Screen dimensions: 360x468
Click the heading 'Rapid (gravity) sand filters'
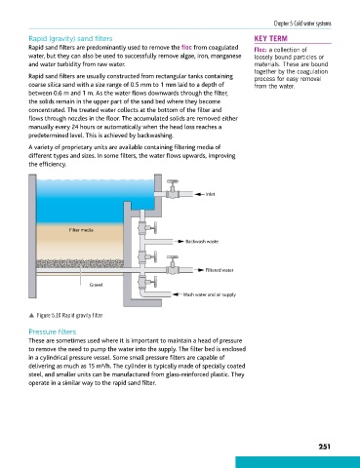(x=70, y=39)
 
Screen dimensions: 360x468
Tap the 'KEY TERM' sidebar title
(x=271, y=39)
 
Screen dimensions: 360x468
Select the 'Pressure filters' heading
(x=53, y=331)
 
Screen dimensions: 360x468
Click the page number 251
(x=324, y=447)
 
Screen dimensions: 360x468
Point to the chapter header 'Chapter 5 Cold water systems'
(x=302, y=23)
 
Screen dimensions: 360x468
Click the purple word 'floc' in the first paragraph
(x=186, y=48)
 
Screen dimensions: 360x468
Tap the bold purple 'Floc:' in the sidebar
(x=260, y=50)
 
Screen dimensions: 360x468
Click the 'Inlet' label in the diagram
(x=210, y=194)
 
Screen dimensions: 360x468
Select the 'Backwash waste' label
(x=202, y=242)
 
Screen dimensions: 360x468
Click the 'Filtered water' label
(x=220, y=270)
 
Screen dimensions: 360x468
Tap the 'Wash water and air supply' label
(x=210, y=294)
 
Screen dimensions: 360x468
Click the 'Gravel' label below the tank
(x=96, y=285)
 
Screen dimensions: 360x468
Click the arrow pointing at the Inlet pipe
(x=199, y=194)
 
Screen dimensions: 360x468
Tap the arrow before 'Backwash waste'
(x=180, y=242)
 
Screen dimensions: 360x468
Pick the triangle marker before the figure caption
(x=31, y=315)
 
